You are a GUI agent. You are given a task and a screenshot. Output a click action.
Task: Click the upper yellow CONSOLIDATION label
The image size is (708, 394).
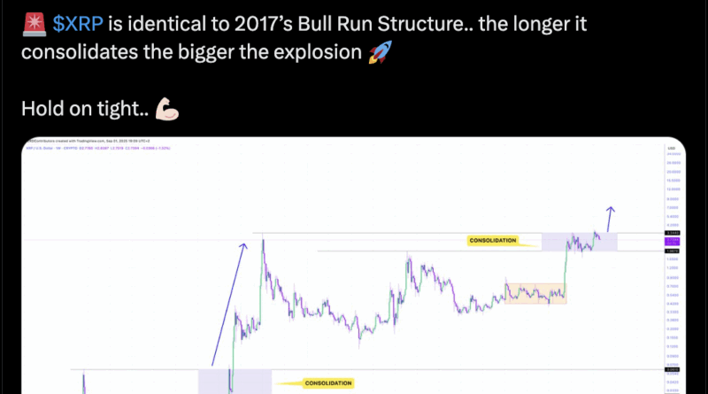point(494,240)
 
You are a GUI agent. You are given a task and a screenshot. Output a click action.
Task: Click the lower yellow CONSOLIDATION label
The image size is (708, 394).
point(327,383)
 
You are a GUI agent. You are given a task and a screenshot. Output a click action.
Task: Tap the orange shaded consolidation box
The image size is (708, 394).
point(535,293)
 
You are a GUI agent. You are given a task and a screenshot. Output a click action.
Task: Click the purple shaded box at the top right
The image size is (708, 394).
point(579,241)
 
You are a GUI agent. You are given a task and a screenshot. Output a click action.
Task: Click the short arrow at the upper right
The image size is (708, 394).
point(609,218)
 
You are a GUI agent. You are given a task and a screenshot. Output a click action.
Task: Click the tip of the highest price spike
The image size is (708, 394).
point(263,234)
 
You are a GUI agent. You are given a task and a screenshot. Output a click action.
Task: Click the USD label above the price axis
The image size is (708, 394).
point(672,150)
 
